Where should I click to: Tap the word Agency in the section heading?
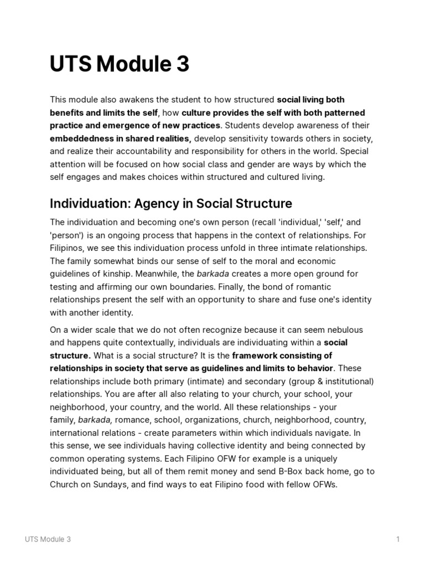(152, 203)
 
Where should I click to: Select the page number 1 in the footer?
(398, 539)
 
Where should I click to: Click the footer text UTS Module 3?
(48, 539)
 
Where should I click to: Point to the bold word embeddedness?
(81, 138)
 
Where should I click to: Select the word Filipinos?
(67, 248)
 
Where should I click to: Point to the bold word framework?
(255, 355)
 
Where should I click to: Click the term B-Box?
(292, 471)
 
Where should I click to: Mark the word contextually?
(165, 343)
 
